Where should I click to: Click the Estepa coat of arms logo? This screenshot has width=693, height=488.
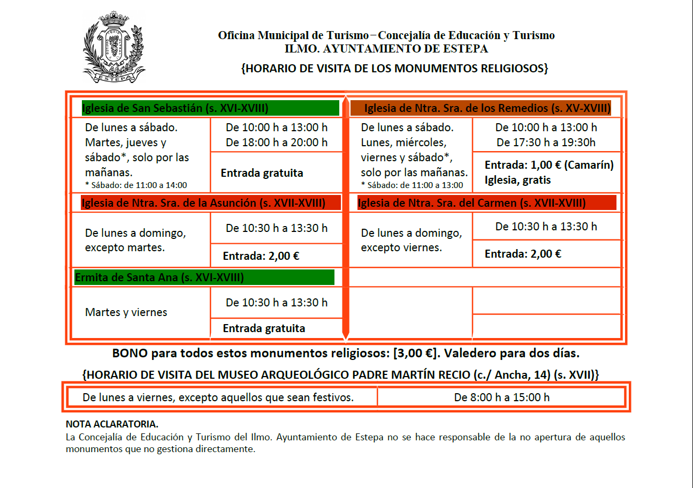pos(113,47)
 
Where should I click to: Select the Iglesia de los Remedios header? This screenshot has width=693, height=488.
pos(487,108)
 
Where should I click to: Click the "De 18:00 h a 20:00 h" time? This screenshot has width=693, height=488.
pos(277,142)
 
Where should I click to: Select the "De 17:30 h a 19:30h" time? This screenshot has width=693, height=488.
pos(546,142)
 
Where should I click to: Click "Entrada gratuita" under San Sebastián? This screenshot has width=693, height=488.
pos(262,173)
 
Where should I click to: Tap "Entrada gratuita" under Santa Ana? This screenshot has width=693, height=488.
pos(264,328)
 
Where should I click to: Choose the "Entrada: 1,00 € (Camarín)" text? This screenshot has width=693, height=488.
pos(549,165)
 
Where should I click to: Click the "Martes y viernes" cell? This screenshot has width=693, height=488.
pos(126,312)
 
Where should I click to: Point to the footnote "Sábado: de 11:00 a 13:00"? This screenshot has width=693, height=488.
pos(412,185)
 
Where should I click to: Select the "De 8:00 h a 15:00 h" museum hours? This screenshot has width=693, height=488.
pos(502,397)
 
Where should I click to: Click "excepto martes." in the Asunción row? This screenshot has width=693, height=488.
pos(125,248)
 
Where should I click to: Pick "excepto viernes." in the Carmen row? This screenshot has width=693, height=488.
pos(401,247)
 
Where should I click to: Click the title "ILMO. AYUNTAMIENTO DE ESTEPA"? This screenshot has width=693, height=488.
pos(386,49)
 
